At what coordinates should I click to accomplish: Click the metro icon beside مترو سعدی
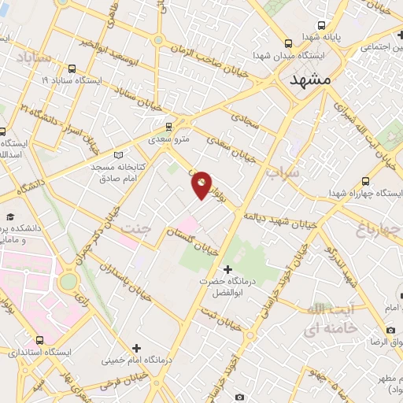pyautogui.click(x=168, y=126)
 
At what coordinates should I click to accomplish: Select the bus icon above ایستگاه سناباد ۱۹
pyautogui.click(x=72, y=68)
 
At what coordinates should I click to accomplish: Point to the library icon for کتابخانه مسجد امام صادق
pyautogui.click(x=119, y=155)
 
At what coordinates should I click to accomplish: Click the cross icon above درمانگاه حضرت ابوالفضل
pyautogui.click(x=227, y=270)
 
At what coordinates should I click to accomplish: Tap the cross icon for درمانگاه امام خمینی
pyautogui.click(x=137, y=347)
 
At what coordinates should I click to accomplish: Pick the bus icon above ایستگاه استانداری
pyautogui.click(x=39, y=340)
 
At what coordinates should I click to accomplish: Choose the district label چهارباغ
pyautogui.click(x=361, y=230)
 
